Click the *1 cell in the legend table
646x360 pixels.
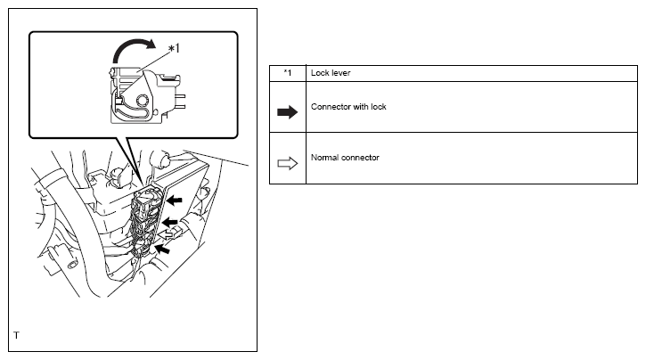pyautogui.click(x=287, y=72)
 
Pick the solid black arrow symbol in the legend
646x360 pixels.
pyautogui.click(x=288, y=110)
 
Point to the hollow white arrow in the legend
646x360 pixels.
pyautogui.click(x=288, y=162)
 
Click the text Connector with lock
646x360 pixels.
pyautogui.click(x=348, y=106)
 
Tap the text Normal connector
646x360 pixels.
pyautogui.click(x=345, y=157)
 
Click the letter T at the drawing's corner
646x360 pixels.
pyautogui.click(x=16, y=337)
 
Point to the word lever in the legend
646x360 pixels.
pyautogui.click(x=339, y=72)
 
